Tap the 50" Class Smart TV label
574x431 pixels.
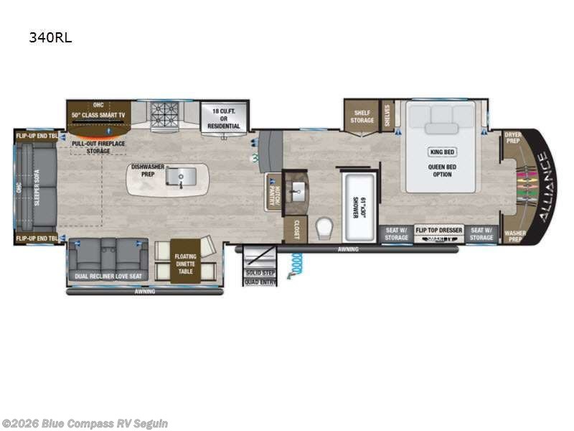pyautogui.click(x=98, y=115)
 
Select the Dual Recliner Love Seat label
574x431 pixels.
pyautogui.click(x=108, y=276)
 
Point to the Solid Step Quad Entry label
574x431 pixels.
pyautogui.click(x=260, y=277)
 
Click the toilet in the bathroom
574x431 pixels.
pyautogui.click(x=324, y=228)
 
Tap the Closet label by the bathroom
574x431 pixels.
pyautogui.click(x=294, y=231)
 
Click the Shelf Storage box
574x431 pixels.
pyautogui.click(x=362, y=116)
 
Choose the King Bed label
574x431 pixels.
pyautogui.click(x=442, y=152)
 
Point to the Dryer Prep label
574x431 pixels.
pyautogui.click(x=512, y=137)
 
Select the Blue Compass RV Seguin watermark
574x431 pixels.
pyautogui.click(x=85, y=424)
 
